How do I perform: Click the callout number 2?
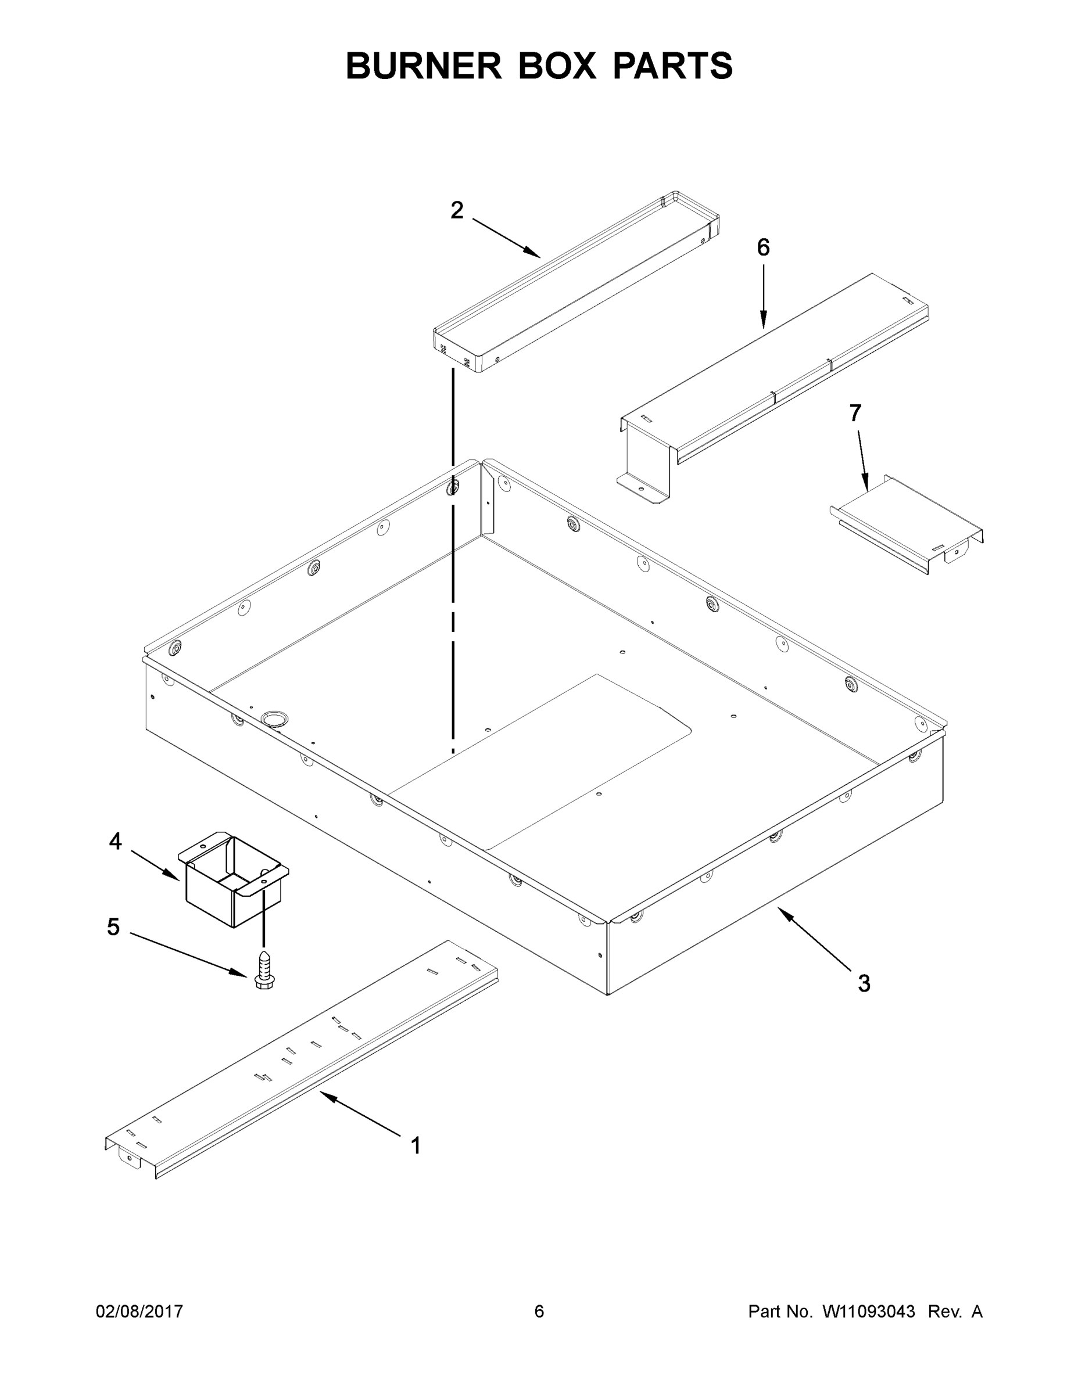pyautogui.click(x=457, y=210)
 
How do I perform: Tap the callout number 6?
pyautogui.click(x=763, y=247)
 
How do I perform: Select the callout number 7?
pyautogui.click(x=855, y=413)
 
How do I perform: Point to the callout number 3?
pyautogui.click(x=864, y=983)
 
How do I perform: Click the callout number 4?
pyautogui.click(x=115, y=841)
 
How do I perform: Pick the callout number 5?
pyautogui.click(x=113, y=927)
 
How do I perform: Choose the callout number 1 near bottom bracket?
pyautogui.click(x=416, y=1146)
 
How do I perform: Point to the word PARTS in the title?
pyautogui.click(x=672, y=66)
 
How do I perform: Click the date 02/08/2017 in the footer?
pyautogui.click(x=139, y=1311)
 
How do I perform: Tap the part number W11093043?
pyautogui.click(x=869, y=1311)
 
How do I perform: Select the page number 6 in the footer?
pyautogui.click(x=539, y=1311)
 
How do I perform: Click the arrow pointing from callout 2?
pyautogui.click(x=506, y=238)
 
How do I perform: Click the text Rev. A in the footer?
pyautogui.click(x=955, y=1311)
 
